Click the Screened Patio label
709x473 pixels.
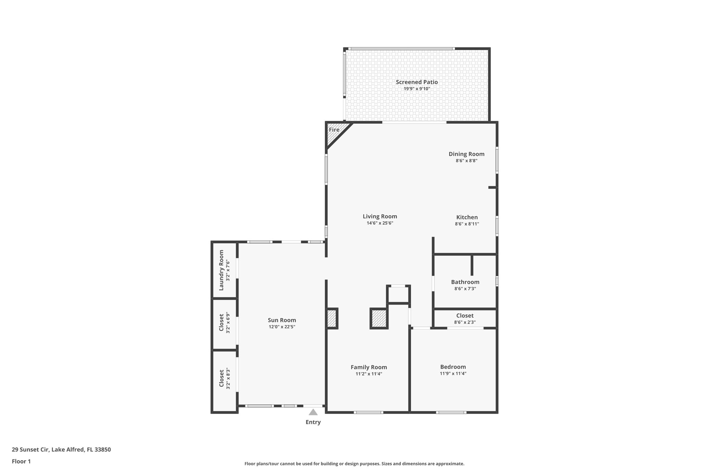click(417, 82)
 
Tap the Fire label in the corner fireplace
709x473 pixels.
click(334, 130)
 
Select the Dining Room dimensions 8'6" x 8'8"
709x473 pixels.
click(466, 161)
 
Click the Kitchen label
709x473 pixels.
click(467, 217)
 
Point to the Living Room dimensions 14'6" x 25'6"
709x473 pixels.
click(380, 223)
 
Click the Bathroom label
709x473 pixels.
click(465, 282)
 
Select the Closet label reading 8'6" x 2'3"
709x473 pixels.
click(465, 316)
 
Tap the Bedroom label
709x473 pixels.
click(453, 367)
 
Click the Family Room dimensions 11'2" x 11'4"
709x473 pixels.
click(369, 374)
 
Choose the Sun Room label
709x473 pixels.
click(282, 320)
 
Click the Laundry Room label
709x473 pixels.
click(222, 270)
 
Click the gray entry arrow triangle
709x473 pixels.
click(313, 412)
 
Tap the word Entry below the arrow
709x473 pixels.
click(313, 422)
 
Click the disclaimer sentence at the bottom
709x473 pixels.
click(354, 464)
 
